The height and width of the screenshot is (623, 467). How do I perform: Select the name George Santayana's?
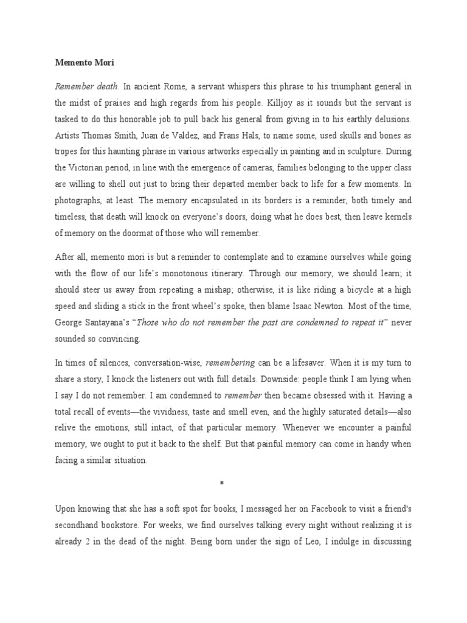[89, 322]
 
